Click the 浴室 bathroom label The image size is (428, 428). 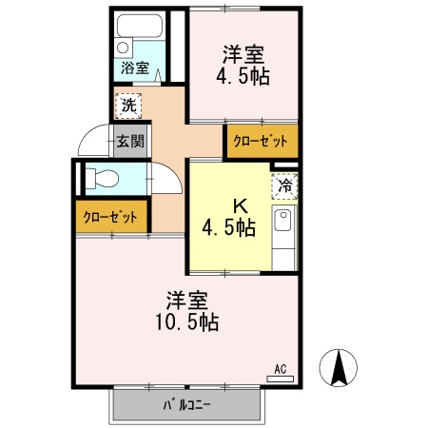click(x=134, y=68)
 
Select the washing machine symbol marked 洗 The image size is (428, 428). click(x=127, y=104)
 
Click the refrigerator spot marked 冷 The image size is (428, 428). click(x=283, y=186)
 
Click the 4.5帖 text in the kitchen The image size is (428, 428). click(x=227, y=227)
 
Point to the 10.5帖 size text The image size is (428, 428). click(x=185, y=322)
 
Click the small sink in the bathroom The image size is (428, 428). click(x=124, y=47)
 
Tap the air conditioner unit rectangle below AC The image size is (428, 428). click(x=281, y=379)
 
